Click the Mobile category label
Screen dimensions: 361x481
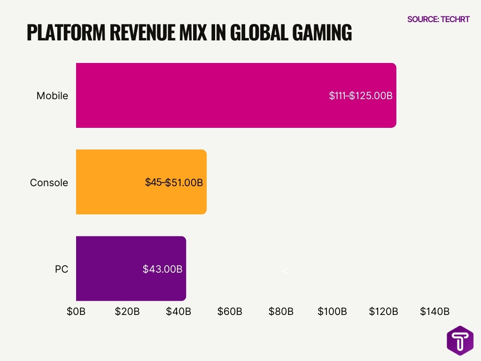[52, 96]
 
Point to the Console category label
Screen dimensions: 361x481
[49, 182]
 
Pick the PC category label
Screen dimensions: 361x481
[61, 269]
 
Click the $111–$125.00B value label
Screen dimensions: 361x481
[361, 96]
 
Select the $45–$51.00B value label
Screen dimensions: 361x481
[174, 182]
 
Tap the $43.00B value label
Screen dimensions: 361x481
[163, 269]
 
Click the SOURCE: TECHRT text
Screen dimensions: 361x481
[438, 19]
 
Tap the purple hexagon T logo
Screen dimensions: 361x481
[460, 340]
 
